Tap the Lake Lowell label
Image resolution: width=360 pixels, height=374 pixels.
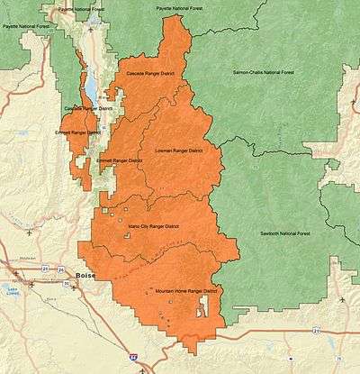point(12,290)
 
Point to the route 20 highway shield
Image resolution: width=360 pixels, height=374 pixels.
point(316,331)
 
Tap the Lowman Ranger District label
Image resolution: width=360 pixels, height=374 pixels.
point(175,151)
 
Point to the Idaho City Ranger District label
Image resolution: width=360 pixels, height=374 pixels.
point(153,226)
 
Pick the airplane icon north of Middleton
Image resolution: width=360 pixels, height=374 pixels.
point(30,233)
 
